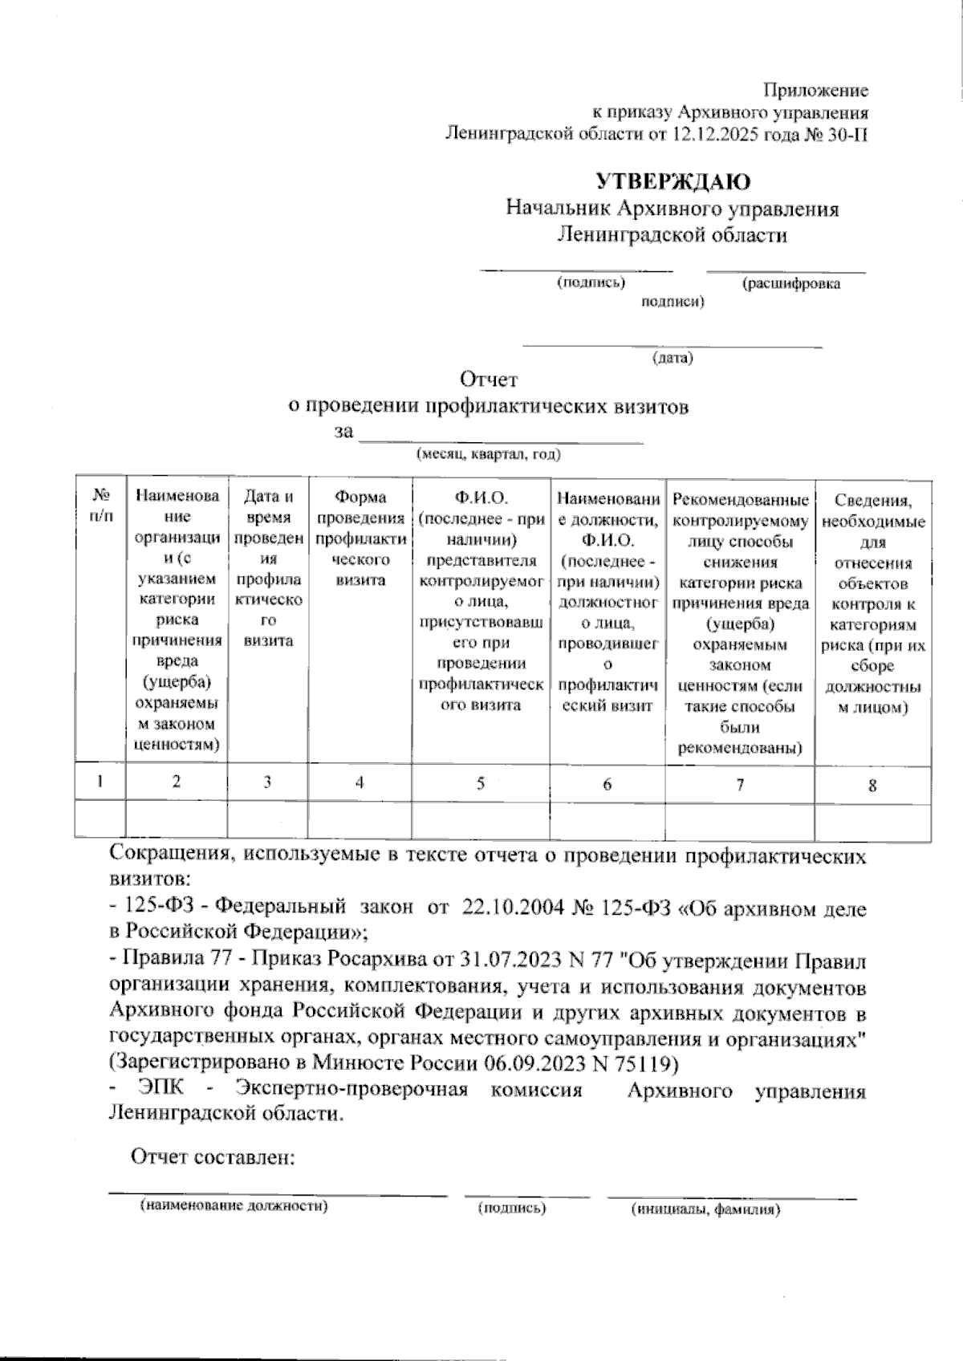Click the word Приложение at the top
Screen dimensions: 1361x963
click(815, 91)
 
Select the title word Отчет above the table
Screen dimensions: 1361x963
click(489, 378)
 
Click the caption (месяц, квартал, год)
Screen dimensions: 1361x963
click(488, 455)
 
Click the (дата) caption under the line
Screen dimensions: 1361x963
click(672, 358)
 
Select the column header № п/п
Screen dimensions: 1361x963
click(100, 506)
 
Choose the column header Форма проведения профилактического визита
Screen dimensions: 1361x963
click(360, 538)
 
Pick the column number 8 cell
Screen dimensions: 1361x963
click(872, 785)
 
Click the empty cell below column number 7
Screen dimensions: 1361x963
click(739, 822)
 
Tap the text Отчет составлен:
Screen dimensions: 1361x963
click(213, 1157)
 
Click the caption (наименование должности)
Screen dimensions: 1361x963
click(234, 1207)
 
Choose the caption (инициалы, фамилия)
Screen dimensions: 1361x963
click(705, 1209)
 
